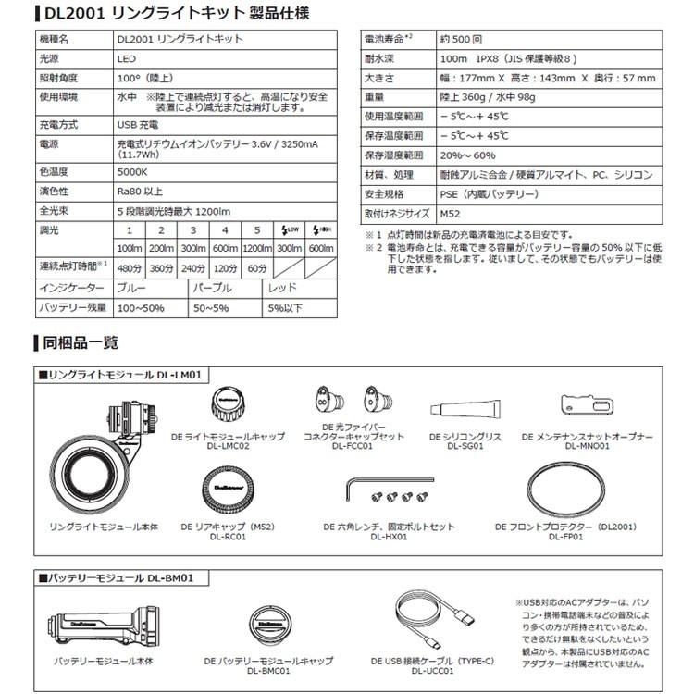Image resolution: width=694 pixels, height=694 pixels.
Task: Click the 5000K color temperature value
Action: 134,171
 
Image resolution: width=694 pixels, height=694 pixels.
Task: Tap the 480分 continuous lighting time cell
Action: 130,268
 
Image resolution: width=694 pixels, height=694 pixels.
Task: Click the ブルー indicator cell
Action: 133,289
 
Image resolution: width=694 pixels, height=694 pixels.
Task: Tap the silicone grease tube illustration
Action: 465,408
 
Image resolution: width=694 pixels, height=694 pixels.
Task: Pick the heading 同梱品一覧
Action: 81,342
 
